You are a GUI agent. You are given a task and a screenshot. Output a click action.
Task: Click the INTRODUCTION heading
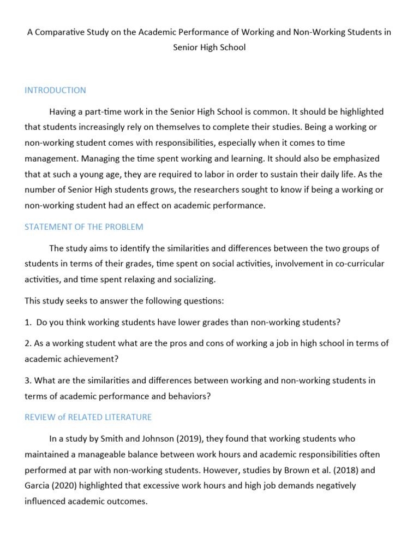tap(55, 90)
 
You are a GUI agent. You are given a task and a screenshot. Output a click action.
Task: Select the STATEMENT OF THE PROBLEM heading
tap(84, 227)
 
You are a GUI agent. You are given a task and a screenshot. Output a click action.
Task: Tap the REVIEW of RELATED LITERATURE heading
tap(88, 417)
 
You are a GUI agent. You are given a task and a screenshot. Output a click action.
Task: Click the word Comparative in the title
tap(61, 32)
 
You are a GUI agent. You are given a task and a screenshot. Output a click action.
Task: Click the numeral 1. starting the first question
tap(28, 322)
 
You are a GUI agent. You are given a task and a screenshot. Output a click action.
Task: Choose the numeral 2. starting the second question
tap(28, 343)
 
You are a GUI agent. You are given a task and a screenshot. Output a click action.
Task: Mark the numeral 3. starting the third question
tap(28, 380)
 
